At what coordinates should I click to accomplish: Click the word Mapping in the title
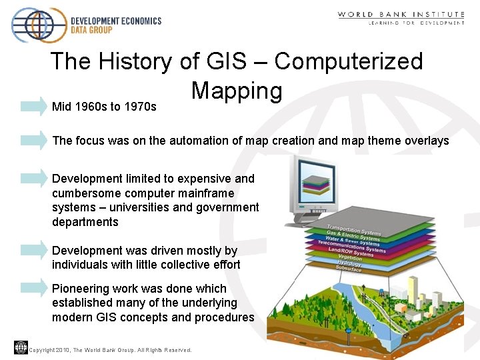tap(236, 91)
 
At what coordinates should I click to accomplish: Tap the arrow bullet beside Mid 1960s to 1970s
tap(33, 106)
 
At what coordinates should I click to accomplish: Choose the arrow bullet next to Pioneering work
tap(33, 288)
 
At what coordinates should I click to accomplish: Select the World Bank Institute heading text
tap(401, 15)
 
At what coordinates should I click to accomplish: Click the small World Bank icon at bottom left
tap(20, 347)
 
